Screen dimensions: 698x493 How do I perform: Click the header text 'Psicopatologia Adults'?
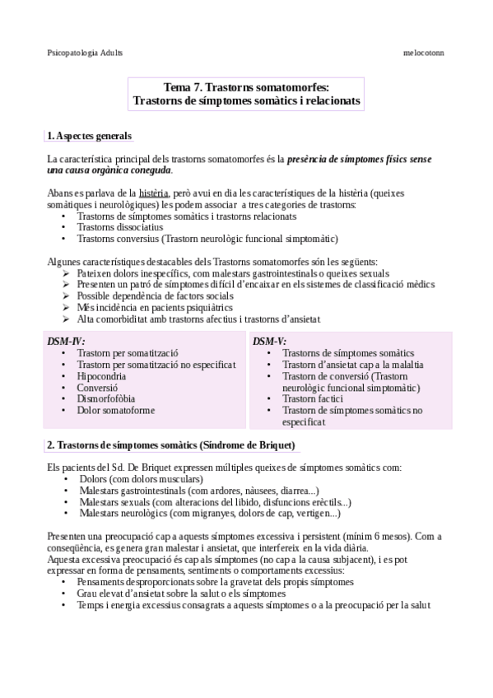[85, 52]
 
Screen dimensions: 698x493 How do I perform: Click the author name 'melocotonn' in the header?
[425, 52]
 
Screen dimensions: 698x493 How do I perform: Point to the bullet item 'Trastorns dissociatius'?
[120, 227]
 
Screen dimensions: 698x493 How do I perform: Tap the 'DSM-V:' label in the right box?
[270, 341]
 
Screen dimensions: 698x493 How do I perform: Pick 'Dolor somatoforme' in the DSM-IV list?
[116, 410]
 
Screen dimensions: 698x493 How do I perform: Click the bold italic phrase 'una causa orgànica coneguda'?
[109, 170]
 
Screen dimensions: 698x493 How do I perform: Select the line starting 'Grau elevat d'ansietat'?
[182, 593]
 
